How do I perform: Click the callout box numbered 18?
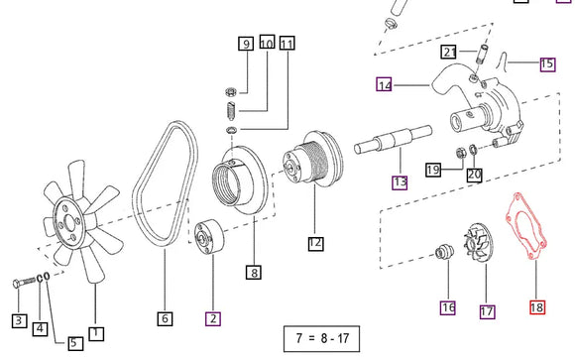(x=537, y=307)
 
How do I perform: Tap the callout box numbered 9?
(x=246, y=44)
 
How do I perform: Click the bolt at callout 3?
(x=23, y=283)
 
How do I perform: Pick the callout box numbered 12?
(x=315, y=243)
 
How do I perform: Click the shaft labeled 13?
(x=393, y=140)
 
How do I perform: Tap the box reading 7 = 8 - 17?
(x=321, y=338)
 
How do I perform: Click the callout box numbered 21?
(x=449, y=52)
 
